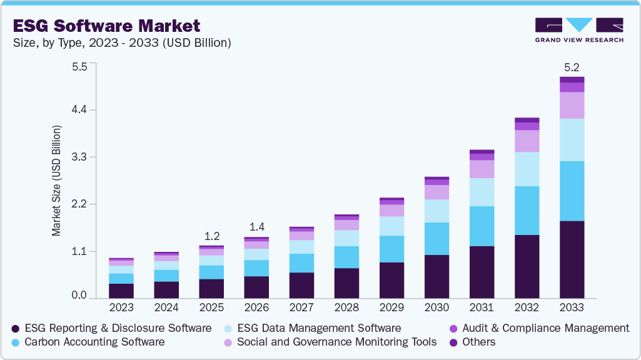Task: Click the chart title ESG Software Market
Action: [106, 26]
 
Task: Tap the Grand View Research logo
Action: [578, 30]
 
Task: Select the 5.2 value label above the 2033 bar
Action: [572, 67]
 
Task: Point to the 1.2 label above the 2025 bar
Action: [211, 236]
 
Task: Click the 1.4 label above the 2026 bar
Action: [256, 227]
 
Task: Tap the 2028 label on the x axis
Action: [346, 307]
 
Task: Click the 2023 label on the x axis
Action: [121, 307]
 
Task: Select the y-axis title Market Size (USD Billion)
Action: [57, 181]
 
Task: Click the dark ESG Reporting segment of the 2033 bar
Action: [572, 259]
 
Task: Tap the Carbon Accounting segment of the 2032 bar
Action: [527, 210]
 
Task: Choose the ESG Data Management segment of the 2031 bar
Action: [482, 192]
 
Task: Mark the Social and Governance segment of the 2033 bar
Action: [572, 105]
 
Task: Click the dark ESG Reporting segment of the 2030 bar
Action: [437, 276]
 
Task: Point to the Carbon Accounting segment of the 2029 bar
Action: [391, 249]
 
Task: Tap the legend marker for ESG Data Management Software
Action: [229, 328]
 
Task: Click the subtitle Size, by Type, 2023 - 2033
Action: [122, 43]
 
